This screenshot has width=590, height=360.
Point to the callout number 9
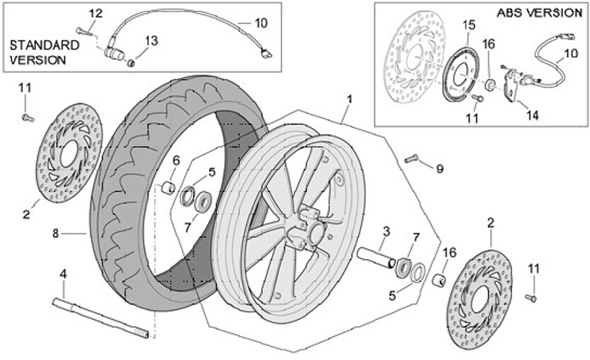(x=439, y=169)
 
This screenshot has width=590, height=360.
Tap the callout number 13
(x=152, y=41)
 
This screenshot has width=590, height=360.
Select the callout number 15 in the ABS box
(x=467, y=26)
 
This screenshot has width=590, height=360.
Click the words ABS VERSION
(x=537, y=13)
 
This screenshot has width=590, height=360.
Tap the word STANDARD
(x=43, y=45)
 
